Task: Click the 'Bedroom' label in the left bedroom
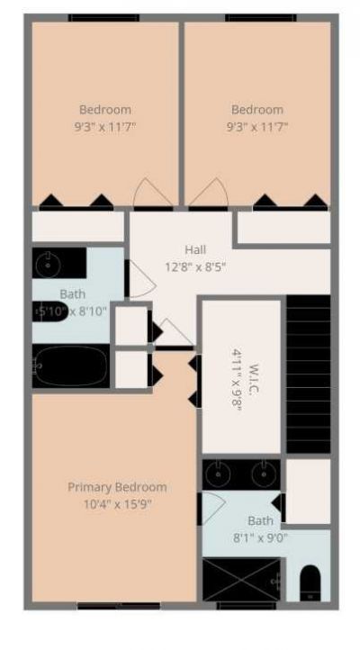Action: [105, 110]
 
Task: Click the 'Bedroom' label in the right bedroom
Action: [256, 110]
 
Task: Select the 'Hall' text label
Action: [195, 249]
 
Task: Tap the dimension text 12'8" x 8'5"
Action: [195, 266]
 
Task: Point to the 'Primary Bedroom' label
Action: [117, 487]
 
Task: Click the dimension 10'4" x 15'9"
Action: [117, 504]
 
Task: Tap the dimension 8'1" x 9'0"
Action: [261, 537]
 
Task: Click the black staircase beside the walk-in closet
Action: [308, 374]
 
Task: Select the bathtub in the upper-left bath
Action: [71, 366]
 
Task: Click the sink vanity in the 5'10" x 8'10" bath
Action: [49, 264]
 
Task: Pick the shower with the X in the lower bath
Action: [229, 578]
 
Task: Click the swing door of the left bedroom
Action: [148, 194]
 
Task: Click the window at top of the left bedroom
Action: [104, 17]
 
